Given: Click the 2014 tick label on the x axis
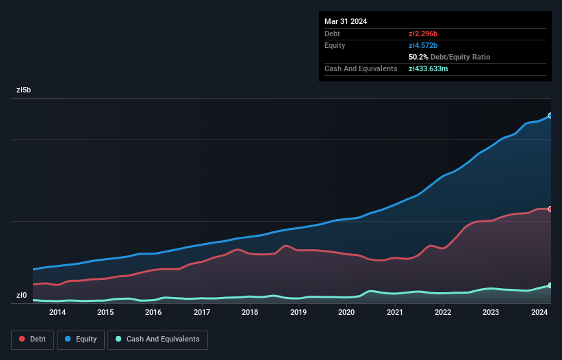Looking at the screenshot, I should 58,313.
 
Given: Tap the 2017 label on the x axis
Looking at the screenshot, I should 202,313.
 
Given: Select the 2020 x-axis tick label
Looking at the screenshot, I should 346,313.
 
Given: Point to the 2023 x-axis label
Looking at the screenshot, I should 491,313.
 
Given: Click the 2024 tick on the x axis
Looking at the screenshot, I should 539,313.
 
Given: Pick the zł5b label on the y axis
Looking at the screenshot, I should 24,90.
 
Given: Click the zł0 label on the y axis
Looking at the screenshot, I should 23,296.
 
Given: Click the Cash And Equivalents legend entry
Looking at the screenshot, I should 157,339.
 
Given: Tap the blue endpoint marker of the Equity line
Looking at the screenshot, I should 550,116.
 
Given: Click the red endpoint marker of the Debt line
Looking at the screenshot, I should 550,209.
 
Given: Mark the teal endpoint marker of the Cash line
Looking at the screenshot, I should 550,285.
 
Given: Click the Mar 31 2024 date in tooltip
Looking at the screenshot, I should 346,21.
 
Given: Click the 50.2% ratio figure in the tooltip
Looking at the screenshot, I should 418,57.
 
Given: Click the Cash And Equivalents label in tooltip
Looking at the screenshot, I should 361,68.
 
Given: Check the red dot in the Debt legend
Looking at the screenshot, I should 23,339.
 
